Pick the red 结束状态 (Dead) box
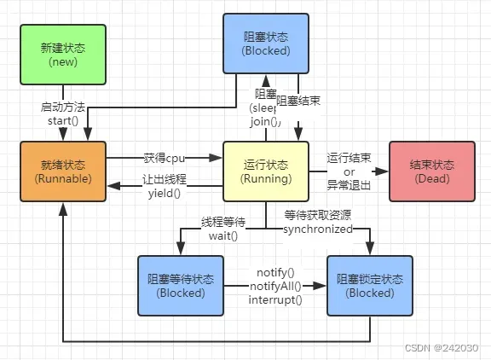pyautogui.click(x=430, y=172)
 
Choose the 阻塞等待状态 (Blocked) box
pyautogui.click(x=181, y=286)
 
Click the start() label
pyautogui.click(x=62, y=120)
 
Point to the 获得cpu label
pyautogui.click(x=165, y=158)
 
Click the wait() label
pyautogui.click(x=222, y=235)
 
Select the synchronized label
pyautogui.click(x=319, y=229)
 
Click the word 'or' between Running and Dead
pyautogui.click(x=349, y=172)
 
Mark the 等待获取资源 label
pyautogui.click(x=319, y=216)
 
